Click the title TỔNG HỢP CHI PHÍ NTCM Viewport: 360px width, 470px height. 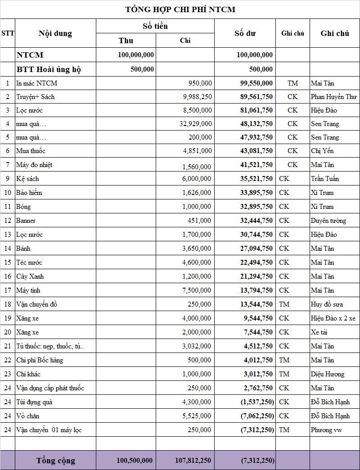pyautogui.click(x=180, y=9)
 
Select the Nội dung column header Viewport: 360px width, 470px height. pyautogui.click(x=55, y=33)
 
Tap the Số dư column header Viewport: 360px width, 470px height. pyautogui.click(x=245, y=33)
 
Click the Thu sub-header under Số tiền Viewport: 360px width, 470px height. pyautogui.click(x=126, y=41)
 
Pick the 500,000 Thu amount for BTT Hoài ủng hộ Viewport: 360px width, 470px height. pyautogui.click(x=142, y=69)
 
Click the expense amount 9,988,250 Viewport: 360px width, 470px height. pyautogui.click(x=197, y=97)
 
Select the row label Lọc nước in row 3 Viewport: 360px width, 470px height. pyautogui.click(x=29, y=110)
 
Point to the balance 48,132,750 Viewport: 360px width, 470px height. pyautogui.click(x=256, y=124)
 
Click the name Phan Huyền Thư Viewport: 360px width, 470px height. pyautogui.click(x=333, y=97)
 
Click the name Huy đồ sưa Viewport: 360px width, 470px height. pyautogui.click(x=327, y=304)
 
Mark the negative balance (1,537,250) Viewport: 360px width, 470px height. pyautogui.click(x=257, y=402)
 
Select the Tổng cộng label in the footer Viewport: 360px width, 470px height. pyautogui.click(x=56, y=461)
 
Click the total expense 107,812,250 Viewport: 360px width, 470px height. pyautogui.click(x=193, y=461)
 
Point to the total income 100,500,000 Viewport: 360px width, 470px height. pyautogui.click(x=135, y=461)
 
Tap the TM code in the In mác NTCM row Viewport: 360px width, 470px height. pyautogui.click(x=292, y=83)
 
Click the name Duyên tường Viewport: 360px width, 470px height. pyautogui.click(x=328, y=221)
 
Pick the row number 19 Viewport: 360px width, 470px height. pyautogui.click(x=8, y=318)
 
